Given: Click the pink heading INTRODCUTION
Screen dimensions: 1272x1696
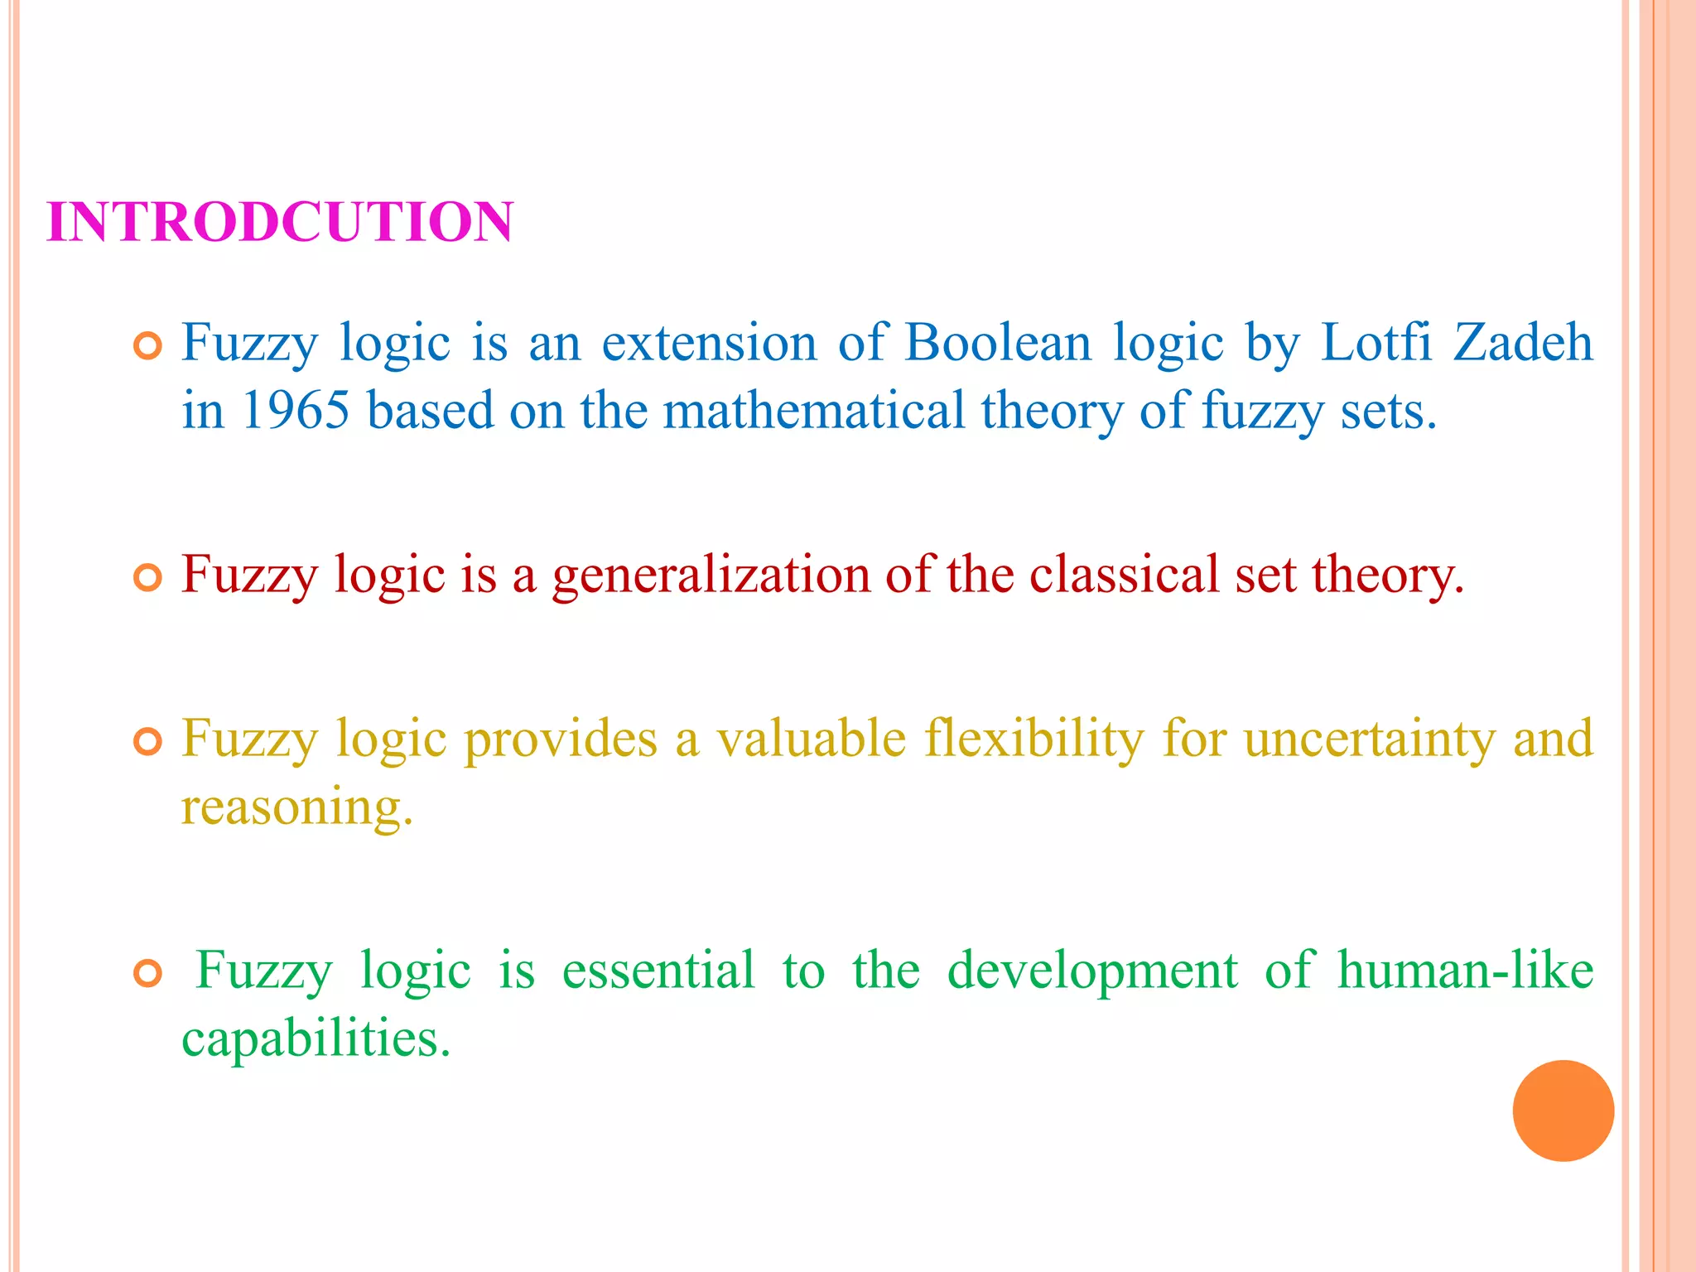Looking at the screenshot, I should click(280, 223).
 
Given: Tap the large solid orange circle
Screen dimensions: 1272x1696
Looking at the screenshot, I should click(1563, 1111).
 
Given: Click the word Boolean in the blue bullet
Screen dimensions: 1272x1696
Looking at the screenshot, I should click(998, 342).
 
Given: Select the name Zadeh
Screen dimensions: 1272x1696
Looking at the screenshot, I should click(1523, 342).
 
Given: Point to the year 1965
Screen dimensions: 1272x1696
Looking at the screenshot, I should click(296, 410).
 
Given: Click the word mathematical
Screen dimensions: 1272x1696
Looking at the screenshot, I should click(814, 410).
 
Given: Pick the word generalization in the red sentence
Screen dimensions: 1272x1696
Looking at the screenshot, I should click(711, 575).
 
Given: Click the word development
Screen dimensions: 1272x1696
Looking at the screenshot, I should click(1092, 971).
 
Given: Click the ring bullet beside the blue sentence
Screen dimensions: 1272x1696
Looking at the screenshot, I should click(148, 347).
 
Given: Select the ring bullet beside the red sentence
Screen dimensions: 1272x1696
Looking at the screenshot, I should click(148, 579).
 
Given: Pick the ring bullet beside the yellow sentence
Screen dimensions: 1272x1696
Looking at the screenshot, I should click(148, 742).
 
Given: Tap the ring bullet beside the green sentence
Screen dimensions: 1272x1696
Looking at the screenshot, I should click(148, 975).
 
